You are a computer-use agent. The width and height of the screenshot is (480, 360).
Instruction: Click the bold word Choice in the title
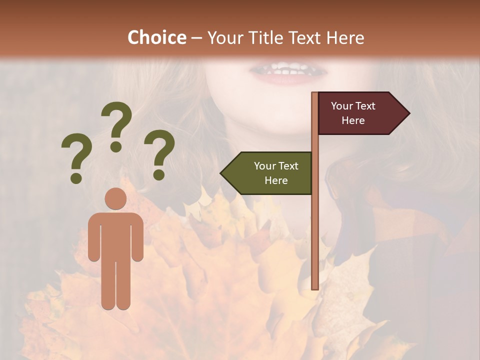(156, 37)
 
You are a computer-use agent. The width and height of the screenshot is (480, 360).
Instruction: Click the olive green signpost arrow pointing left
(270, 173)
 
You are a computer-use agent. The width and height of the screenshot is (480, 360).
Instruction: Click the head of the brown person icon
(115, 198)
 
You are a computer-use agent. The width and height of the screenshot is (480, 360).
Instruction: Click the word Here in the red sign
(353, 120)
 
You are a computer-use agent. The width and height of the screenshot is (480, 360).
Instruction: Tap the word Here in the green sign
(276, 180)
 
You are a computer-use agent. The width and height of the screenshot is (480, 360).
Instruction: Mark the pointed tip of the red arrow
(409, 113)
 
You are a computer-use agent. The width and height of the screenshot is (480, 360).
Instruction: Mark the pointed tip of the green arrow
(221, 173)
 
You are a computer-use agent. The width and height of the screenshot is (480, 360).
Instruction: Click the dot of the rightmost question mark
(159, 175)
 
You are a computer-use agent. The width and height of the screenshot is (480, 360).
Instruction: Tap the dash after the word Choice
(196, 38)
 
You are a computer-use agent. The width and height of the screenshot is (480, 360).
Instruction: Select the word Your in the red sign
(342, 106)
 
